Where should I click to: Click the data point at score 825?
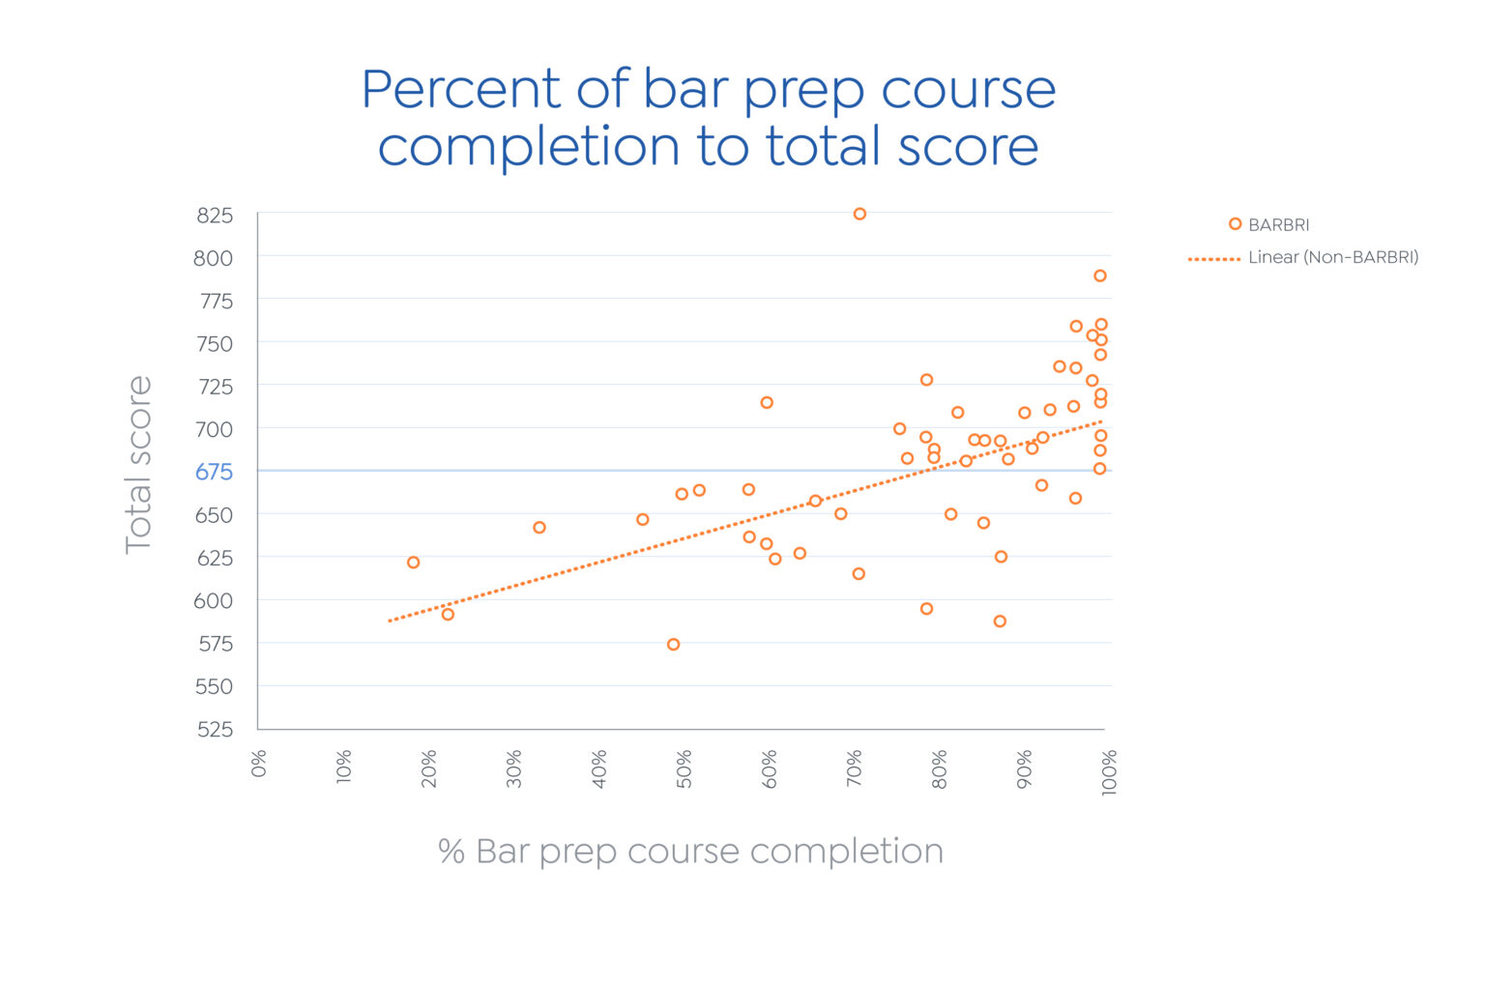(859, 214)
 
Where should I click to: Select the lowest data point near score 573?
(673, 645)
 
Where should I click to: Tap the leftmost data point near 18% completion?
(413, 563)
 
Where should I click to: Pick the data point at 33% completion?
(539, 528)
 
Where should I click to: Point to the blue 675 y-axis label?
(214, 472)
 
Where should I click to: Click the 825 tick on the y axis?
(215, 216)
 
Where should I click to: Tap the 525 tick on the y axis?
(215, 730)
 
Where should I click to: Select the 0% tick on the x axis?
(259, 765)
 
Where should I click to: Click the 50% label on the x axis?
(684, 769)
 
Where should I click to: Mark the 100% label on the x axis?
(1110, 772)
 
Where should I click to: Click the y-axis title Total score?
(138, 464)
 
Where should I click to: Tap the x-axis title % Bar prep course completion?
(690, 852)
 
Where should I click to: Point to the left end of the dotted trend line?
(391, 621)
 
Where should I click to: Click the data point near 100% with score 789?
(1099, 276)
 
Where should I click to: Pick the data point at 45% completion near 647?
(642, 520)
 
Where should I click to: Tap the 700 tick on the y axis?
(214, 429)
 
